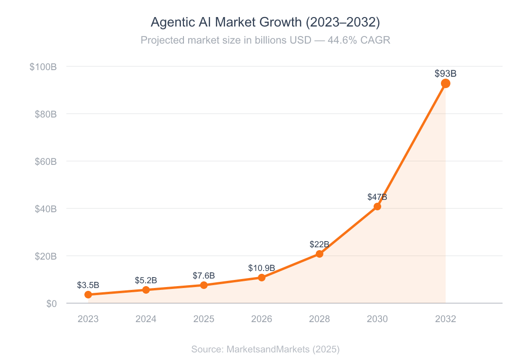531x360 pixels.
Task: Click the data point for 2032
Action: [x=445, y=83]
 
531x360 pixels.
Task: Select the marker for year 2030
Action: [x=377, y=206]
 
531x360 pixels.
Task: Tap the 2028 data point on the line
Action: [x=319, y=253]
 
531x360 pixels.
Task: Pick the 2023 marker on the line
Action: [x=88, y=295]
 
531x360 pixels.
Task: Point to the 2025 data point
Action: [x=204, y=285]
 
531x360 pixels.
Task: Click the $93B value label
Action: [x=445, y=73]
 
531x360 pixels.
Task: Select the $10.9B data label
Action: [x=261, y=268]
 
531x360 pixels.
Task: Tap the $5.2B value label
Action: [x=146, y=280]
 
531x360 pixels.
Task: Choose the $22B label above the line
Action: [x=319, y=244]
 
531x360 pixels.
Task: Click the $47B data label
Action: [x=377, y=197]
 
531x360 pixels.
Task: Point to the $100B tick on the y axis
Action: [x=43, y=67]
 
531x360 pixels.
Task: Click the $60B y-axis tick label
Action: [x=46, y=162]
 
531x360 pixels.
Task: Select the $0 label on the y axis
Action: [x=51, y=304]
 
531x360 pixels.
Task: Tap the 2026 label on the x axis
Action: [x=261, y=319]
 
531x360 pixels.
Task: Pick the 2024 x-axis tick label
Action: [x=146, y=319]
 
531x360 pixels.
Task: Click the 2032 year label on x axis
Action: [x=445, y=319]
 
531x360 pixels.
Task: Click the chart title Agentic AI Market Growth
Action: [x=265, y=22]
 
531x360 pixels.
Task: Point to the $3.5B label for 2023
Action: [x=88, y=285]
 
